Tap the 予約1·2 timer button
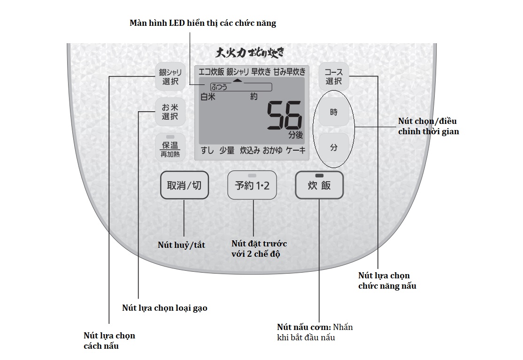point(252,185)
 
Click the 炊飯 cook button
point(319,185)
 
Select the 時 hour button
point(334,113)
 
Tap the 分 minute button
point(334,147)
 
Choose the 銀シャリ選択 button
point(170,77)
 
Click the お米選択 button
point(170,112)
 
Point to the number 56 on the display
point(284,115)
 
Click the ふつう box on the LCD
point(241,87)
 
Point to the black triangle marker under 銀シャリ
point(238,80)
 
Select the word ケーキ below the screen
point(296,150)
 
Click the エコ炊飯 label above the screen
point(211,72)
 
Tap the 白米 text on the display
point(208,97)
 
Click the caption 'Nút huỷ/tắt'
point(181,245)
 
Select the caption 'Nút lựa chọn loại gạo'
point(164,308)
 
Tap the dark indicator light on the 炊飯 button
point(319,176)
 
